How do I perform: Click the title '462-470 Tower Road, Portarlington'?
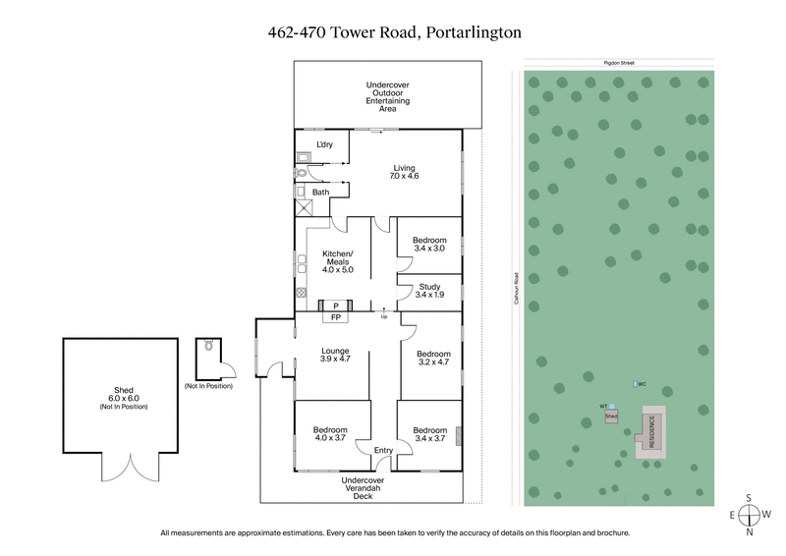click(393, 31)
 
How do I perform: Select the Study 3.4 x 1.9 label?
click(429, 290)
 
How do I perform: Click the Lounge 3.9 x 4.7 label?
click(337, 354)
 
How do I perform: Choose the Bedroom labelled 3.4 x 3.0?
click(429, 244)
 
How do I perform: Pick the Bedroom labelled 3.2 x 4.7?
click(432, 358)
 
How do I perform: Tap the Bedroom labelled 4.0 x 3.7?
click(330, 434)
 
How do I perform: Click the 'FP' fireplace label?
click(336, 318)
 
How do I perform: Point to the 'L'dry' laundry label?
click(324, 145)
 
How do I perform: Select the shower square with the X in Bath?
click(305, 208)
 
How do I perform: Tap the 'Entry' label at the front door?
click(382, 450)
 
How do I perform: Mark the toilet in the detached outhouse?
click(207, 347)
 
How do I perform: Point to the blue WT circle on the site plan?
click(611, 406)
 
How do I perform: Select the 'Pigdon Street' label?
click(620, 62)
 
